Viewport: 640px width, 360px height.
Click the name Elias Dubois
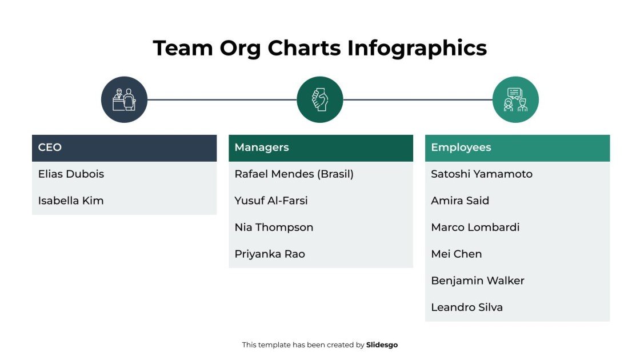pos(71,174)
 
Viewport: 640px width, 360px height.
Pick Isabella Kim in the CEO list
pos(71,201)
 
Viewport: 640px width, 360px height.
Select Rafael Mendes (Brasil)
pos(294,174)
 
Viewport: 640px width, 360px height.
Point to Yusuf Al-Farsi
pos(271,201)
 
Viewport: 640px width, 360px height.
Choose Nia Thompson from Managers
pos(274,227)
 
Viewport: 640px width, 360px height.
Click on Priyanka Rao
pos(270,254)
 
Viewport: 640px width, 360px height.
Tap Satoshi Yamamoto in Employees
pos(481,174)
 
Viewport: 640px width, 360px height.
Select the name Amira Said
pos(460,201)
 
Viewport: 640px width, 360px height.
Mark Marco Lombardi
pos(475,227)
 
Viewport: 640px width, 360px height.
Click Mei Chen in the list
pos(456,254)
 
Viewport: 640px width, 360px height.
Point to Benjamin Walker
pos(477,281)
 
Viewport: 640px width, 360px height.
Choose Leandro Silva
pos(467,307)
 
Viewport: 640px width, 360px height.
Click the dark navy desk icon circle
pos(124,99)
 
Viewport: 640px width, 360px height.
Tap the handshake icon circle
pos(320,99)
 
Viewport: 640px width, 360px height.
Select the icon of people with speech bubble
pos(515,99)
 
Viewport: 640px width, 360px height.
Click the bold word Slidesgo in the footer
pos(382,345)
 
